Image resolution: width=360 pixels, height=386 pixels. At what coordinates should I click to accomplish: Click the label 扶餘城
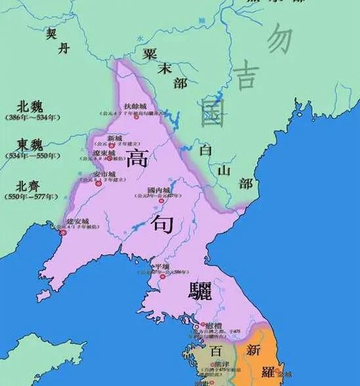coord(135,106)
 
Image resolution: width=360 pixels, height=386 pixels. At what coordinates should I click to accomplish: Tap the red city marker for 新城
coord(112,144)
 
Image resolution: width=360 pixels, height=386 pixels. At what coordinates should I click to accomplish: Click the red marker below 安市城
coord(99,184)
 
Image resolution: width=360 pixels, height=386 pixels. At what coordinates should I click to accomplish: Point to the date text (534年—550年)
coord(32,156)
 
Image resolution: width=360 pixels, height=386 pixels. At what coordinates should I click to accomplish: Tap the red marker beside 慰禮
coord(195,326)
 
